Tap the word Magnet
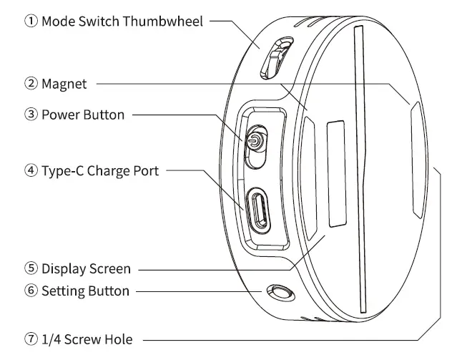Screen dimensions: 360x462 (64, 84)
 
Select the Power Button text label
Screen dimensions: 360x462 (82, 115)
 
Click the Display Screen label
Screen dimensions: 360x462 (86, 269)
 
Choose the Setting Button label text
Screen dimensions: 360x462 (85, 291)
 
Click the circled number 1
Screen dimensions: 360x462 (31, 21)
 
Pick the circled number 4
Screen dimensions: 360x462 (31, 171)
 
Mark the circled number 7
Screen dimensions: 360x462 (31, 339)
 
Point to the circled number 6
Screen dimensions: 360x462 (31, 291)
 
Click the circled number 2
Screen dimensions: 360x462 (31, 84)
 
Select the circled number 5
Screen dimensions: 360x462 (31, 269)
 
